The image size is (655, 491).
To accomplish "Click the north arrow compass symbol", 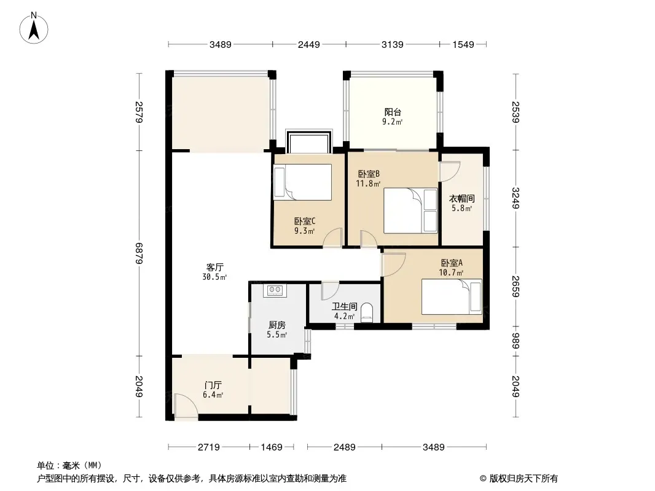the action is coord(34,28).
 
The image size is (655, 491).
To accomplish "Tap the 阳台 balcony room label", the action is coord(393,112).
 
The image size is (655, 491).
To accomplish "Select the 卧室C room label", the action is coord(305,222).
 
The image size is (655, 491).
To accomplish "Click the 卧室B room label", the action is coord(369,174).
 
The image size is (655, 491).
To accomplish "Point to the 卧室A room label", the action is coord(452,263).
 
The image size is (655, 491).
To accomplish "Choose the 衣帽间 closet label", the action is coord(461,199).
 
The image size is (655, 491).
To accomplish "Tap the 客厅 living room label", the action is coord(214,268).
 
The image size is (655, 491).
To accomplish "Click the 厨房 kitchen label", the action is coord(277,325).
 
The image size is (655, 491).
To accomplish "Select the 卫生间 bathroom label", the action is coord(345,307).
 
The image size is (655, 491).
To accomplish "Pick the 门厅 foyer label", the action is coord(213,385).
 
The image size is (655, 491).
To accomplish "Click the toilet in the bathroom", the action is coord(366,312).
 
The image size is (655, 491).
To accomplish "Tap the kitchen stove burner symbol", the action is coord(275,290).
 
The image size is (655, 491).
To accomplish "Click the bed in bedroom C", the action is coord(302,182).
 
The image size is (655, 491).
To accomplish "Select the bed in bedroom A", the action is coord(452,296).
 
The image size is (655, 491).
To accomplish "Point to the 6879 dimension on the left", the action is coord(139,253).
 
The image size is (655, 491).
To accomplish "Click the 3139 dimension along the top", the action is coord(392,44).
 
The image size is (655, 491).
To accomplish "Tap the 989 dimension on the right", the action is coord(516,341).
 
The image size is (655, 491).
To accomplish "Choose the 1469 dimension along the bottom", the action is coord(272,447).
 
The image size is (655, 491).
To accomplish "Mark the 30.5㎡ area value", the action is coord(214,277).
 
